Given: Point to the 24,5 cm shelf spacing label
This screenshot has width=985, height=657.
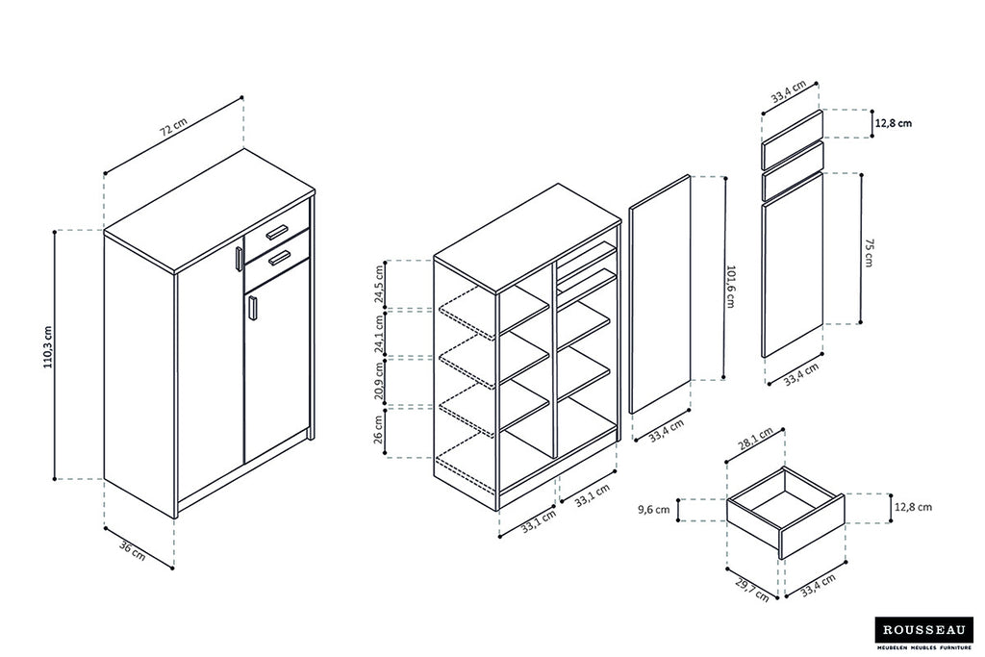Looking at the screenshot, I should click(x=380, y=285).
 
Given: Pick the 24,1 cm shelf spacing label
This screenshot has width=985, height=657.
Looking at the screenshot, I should click(x=380, y=333).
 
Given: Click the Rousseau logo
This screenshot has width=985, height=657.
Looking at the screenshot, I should click(x=922, y=631).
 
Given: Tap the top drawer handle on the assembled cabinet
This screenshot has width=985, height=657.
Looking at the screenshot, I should click(x=277, y=231).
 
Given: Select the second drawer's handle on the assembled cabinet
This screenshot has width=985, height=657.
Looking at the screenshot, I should click(x=280, y=257).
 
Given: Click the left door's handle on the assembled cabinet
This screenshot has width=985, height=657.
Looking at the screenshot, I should click(x=238, y=261).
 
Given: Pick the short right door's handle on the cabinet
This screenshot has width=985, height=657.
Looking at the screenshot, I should click(x=252, y=308).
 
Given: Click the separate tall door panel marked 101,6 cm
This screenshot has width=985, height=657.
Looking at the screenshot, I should click(x=660, y=294).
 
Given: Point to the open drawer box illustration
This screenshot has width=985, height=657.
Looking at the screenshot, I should click(x=785, y=510).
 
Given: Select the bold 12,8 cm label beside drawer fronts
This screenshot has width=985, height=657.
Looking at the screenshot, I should click(x=894, y=123).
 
